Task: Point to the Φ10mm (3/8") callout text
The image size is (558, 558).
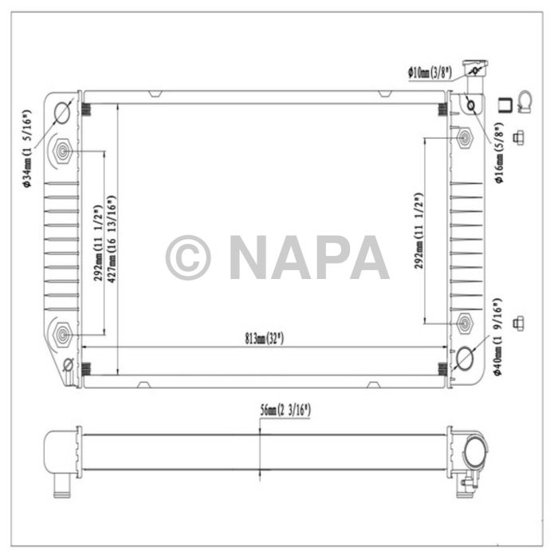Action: coord(430,72)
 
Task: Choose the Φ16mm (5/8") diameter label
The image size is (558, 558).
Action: coord(500,153)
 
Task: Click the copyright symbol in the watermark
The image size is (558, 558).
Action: coord(188,257)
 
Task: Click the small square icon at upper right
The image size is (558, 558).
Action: coord(504,103)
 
